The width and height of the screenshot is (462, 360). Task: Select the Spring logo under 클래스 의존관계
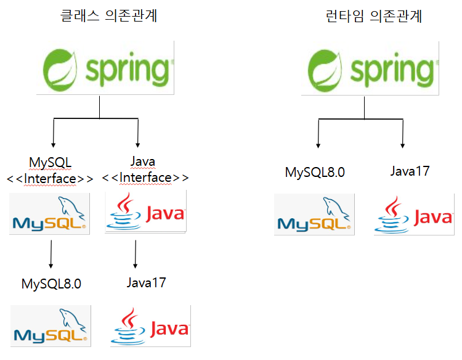105,68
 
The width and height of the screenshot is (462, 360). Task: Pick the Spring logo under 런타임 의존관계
370,68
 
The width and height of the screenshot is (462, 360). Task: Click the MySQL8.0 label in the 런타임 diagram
315,172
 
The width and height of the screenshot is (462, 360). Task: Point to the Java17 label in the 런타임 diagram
410,171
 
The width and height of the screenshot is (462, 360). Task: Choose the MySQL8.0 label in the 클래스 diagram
51,284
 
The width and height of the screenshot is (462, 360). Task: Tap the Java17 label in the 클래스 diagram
147,283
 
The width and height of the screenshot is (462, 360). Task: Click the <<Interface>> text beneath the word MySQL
51,179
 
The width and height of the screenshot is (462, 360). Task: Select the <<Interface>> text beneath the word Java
145,178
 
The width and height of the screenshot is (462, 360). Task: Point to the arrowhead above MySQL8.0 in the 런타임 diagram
318,144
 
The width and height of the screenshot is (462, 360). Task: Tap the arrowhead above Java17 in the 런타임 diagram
403,144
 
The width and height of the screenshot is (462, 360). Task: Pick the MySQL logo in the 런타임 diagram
314,214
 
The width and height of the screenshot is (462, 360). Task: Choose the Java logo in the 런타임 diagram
414,214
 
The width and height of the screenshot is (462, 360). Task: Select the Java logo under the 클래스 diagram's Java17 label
150,325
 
